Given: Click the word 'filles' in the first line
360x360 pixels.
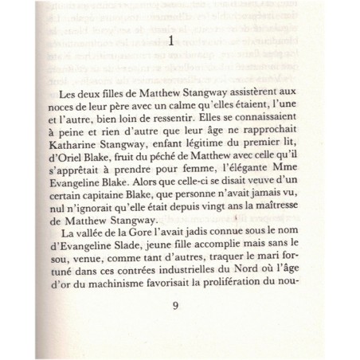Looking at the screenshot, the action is [112, 93].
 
